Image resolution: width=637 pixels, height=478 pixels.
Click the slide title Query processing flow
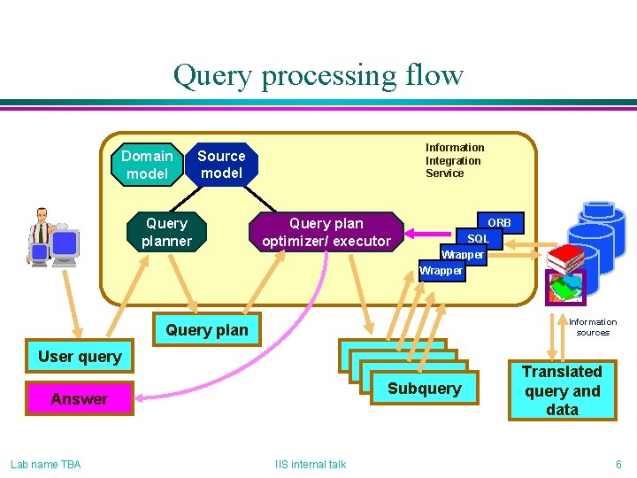point(318,75)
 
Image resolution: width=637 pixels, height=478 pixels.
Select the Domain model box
point(147,165)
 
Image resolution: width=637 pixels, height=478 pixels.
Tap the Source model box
point(221,165)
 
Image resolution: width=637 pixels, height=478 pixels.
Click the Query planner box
point(167,232)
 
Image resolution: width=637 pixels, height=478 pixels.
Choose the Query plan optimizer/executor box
point(326,232)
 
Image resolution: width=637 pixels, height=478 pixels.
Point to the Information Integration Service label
point(455,160)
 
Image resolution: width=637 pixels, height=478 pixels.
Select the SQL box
point(479,239)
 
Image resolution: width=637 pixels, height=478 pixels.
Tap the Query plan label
point(207,330)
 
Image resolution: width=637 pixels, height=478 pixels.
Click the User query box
point(80,357)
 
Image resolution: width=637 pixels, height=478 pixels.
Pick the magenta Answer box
point(80,399)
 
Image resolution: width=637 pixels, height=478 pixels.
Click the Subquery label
point(425,389)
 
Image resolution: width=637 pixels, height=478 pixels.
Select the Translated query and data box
point(562,390)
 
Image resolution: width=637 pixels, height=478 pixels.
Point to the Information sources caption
point(593,328)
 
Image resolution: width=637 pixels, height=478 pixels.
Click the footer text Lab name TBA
point(45,464)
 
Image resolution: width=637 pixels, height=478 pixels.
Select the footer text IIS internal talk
point(311,464)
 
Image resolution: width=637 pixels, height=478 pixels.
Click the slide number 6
point(618,464)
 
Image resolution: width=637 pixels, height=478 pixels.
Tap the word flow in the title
point(431,75)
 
